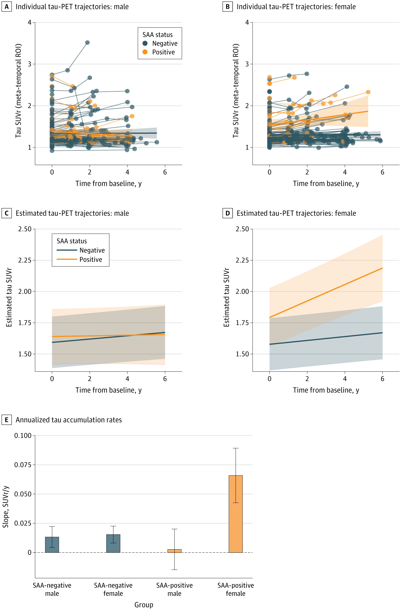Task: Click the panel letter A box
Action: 6,6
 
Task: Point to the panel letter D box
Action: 228,213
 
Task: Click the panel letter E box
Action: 6,420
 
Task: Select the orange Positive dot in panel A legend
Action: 145,52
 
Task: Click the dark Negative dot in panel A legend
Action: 145,43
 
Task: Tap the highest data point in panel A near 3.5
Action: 87,43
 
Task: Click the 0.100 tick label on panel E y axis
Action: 23,435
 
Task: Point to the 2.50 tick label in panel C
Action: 25,229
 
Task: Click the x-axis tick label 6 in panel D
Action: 382,379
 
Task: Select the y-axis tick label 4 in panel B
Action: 247,22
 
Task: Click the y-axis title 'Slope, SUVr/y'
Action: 6,507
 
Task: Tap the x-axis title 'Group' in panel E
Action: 144,605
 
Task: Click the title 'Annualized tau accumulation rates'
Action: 69,420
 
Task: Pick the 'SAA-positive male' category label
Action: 175,589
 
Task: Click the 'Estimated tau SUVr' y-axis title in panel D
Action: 227,297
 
